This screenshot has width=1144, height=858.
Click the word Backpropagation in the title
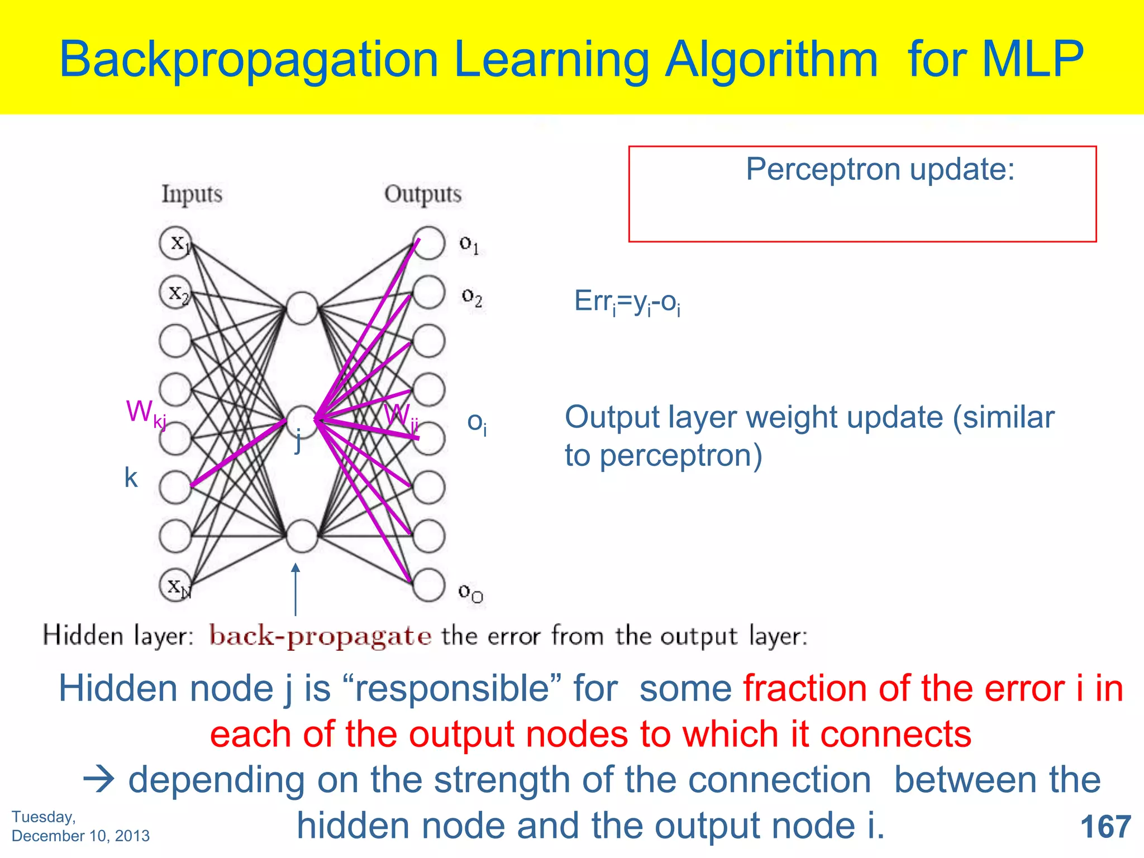249,60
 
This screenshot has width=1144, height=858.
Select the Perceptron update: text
880,169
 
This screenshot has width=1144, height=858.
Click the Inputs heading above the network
192,194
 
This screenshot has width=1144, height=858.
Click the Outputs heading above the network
422,194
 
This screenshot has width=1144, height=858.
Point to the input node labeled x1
175,242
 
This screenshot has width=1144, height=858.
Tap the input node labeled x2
175,292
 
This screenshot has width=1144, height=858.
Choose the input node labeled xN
175,585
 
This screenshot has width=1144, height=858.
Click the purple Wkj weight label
145,413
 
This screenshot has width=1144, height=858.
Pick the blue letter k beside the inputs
131,478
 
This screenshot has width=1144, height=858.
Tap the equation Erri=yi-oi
627,302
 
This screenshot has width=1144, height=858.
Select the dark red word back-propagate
320,636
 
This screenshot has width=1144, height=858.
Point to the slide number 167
1105,826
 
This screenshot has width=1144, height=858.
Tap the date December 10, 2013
80,836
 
